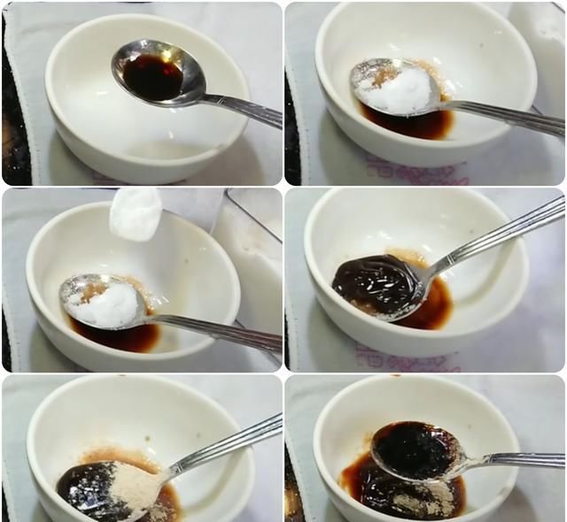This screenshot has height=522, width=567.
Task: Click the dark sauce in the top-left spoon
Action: coord(152,76)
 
